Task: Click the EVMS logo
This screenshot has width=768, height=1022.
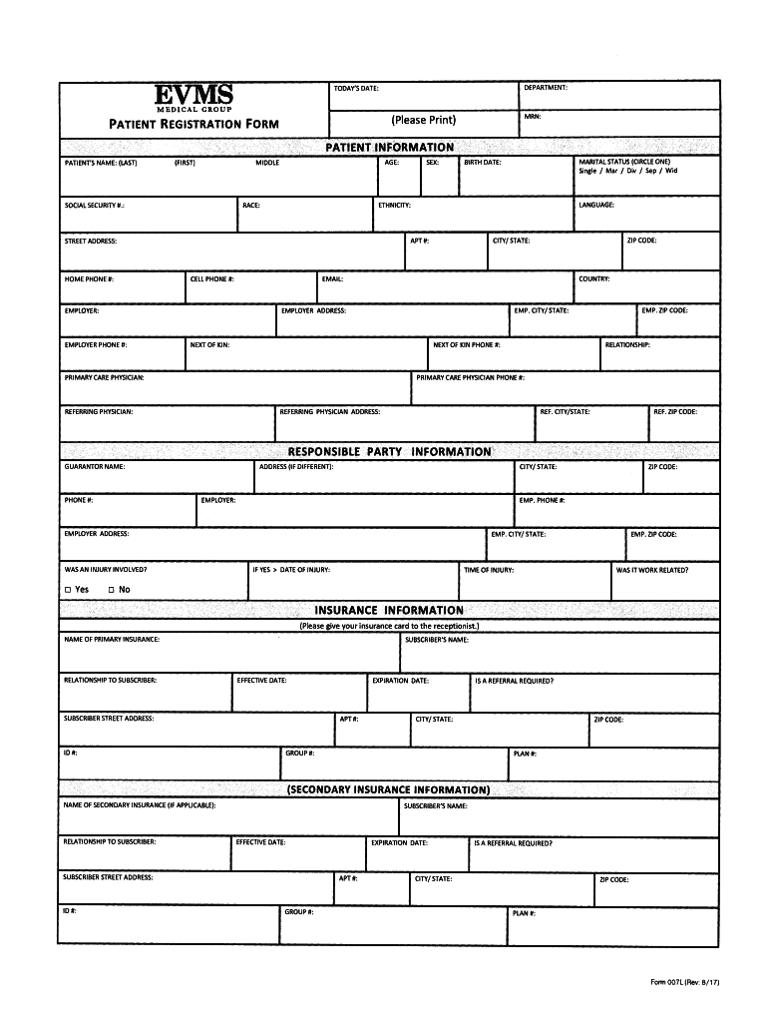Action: point(193,98)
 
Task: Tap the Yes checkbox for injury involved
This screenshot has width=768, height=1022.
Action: point(68,590)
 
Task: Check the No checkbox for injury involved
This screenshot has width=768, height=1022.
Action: point(112,590)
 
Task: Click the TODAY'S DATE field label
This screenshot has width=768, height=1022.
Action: point(355,89)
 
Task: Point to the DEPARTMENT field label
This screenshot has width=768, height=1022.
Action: point(546,88)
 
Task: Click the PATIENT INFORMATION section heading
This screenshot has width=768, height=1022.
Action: point(389,148)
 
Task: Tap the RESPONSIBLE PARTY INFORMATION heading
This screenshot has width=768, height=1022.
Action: point(389,452)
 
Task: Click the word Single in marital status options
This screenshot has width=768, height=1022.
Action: point(587,171)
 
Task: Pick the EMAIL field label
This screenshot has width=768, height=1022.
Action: point(332,279)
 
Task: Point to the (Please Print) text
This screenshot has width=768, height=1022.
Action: point(424,120)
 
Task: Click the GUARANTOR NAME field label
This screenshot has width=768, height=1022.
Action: point(94,467)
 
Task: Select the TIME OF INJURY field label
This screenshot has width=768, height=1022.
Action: point(489,570)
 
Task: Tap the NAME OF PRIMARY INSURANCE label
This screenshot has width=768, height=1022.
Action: point(111,639)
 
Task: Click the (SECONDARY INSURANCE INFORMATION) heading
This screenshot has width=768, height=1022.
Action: point(389,789)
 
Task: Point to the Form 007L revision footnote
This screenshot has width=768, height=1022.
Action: point(685,982)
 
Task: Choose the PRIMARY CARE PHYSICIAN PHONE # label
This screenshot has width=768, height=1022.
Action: point(471,378)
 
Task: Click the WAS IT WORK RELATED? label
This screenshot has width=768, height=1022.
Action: point(652,570)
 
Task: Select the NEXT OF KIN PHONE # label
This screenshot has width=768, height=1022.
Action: point(467,345)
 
